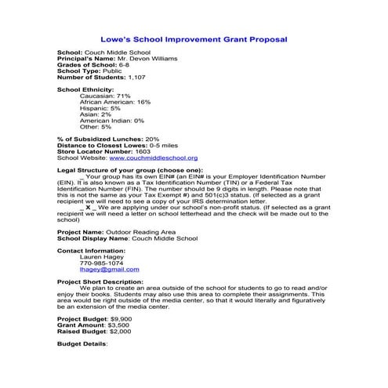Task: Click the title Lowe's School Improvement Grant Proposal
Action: pos(194,38)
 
